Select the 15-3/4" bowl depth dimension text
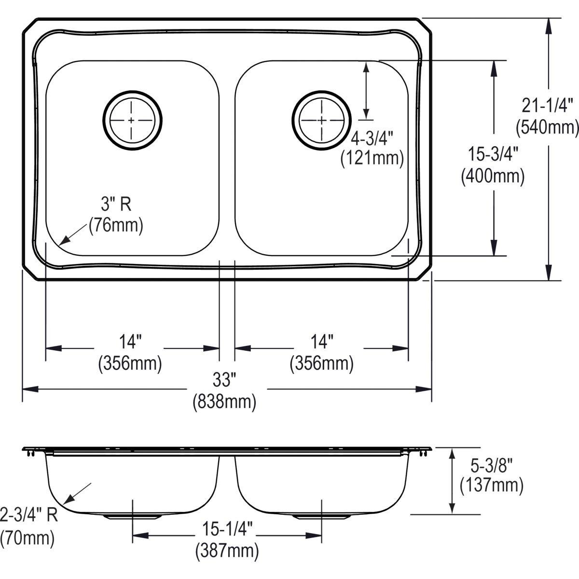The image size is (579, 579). tap(493, 155)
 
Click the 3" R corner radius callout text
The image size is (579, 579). tap(116, 205)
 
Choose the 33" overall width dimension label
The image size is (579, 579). tap(224, 381)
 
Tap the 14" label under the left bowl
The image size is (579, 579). tap(130, 342)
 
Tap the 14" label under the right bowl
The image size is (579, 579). tap(322, 342)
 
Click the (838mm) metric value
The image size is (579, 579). tap(224, 401)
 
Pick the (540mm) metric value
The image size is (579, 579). tap(547, 127)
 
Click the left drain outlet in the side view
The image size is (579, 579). tap(132, 516)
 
